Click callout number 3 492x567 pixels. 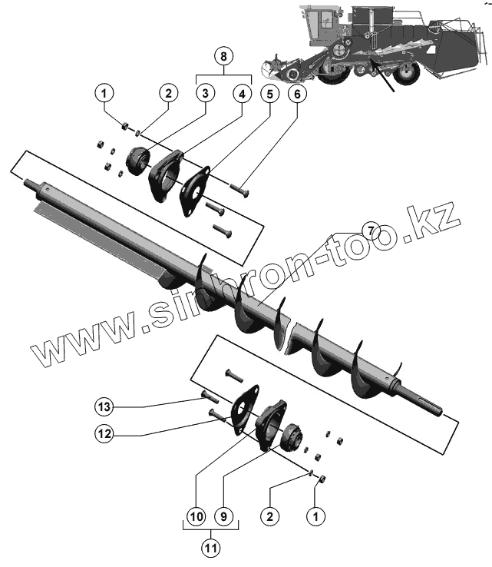[x=204, y=94]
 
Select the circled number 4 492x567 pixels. [x=242, y=94]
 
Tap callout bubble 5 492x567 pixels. [x=269, y=94]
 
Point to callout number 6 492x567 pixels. [x=297, y=94]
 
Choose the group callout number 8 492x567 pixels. [x=223, y=56]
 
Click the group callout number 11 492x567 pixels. [x=210, y=549]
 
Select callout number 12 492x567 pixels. [x=105, y=433]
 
